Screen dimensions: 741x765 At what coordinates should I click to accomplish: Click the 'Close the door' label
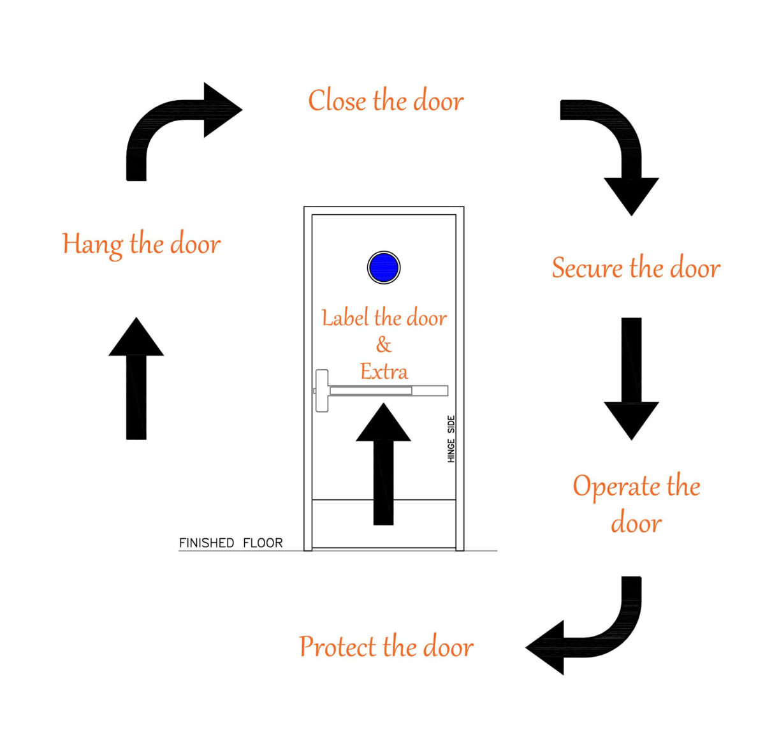pos(386,101)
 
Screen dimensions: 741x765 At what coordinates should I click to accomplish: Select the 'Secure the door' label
pos(636,268)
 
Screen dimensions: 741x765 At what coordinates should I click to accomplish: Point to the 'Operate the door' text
pos(636,504)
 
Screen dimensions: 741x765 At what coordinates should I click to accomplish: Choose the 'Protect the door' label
pos(386,647)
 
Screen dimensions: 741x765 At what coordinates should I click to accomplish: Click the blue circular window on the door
pos(384,268)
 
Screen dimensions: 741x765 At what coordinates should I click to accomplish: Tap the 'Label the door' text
pos(384,318)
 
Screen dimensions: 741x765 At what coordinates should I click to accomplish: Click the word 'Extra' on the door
pos(384,371)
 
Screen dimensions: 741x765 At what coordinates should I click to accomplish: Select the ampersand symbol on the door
pos(383,345)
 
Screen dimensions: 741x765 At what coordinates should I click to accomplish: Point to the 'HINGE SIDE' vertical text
pos(451,439)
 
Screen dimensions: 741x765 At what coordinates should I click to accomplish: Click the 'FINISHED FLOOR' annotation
pos(231,543)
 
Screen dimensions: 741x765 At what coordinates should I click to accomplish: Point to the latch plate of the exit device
pos(321,390)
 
